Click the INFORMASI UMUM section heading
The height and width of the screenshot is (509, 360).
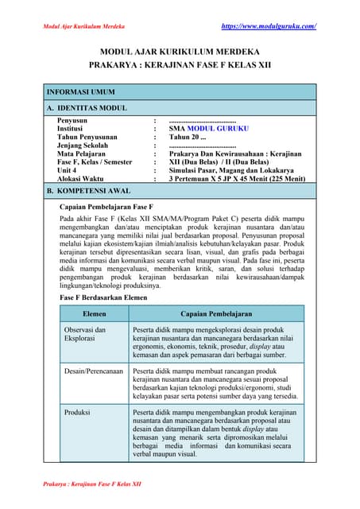click(84, 92)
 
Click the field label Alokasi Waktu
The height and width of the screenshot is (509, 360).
click(82, 179)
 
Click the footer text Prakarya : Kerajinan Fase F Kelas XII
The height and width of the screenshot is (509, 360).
click(91, 484)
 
